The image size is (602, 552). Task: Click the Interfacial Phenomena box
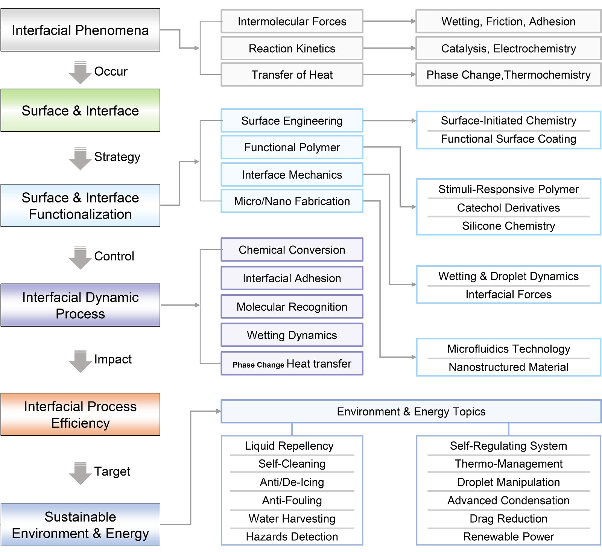click(80, 30)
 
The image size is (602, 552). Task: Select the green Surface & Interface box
click(80, 110)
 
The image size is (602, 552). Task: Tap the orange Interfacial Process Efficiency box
click(80, 414)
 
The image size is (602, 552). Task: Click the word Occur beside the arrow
click(111, 71)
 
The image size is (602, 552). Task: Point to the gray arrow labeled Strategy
click(80, 158)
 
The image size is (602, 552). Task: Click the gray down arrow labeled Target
click(80, 473)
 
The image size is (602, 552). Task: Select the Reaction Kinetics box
click(292, 48)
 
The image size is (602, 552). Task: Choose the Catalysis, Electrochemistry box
click(508, 48)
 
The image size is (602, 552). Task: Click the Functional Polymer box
click(292, 147)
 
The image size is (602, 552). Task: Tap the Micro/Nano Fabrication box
click(292, 201)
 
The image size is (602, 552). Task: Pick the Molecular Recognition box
click(292, 307)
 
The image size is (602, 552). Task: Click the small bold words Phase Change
click(258, 365)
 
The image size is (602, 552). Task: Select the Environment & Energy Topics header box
click(411, 411)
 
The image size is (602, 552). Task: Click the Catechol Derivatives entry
click(508, 207)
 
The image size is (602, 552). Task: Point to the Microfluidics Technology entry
click(508, 348)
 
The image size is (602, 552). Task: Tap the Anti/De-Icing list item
click(292, 482)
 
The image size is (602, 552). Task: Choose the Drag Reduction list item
click(508, 518)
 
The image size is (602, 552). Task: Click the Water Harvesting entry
click(292, 518)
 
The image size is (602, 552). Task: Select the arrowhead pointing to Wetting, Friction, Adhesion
click(413, 21)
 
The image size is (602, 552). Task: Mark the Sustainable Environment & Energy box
click(80, 525)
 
